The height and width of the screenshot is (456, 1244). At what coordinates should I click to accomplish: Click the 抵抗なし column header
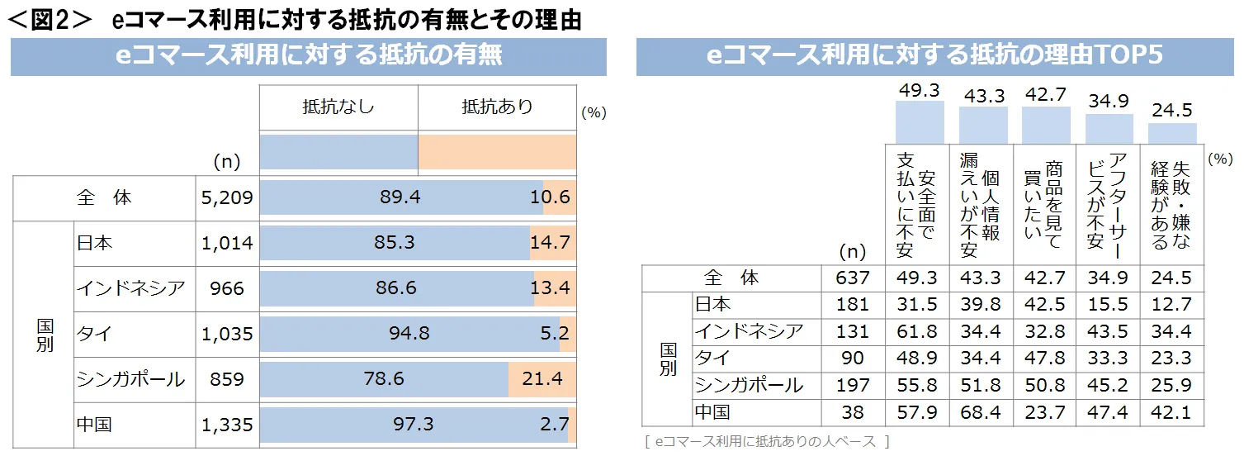click(338, 107)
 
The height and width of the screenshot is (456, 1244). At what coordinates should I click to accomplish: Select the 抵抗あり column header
click(497, 107)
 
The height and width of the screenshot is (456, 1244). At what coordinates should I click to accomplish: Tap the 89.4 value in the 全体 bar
click(400, 198)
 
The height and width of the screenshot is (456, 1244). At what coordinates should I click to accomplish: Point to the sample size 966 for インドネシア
click(227, 288)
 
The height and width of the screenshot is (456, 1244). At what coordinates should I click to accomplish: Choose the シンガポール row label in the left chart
click(130, 379)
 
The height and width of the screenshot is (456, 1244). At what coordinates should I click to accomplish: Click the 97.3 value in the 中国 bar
click(414, 425)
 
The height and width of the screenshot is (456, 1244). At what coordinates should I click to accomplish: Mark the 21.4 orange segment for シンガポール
click(542, 379)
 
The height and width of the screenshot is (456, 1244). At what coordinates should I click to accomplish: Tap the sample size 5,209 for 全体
click(227, 198)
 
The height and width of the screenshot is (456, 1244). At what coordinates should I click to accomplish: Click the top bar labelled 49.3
click(920, 122)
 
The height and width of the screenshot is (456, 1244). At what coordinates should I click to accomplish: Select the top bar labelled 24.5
click(1172, 133)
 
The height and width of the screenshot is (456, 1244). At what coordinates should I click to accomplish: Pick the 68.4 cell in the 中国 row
click(981, 411)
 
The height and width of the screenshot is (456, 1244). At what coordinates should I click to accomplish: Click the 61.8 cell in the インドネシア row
click(918, 331)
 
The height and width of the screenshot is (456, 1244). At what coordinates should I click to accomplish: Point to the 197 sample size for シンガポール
click(853, 385)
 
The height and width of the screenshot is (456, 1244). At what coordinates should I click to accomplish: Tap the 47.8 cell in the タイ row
click(1045, 358)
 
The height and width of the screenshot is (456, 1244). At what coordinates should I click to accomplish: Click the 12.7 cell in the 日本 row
click(1171, 304)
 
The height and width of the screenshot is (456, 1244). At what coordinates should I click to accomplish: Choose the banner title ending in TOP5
click(935, 55)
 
